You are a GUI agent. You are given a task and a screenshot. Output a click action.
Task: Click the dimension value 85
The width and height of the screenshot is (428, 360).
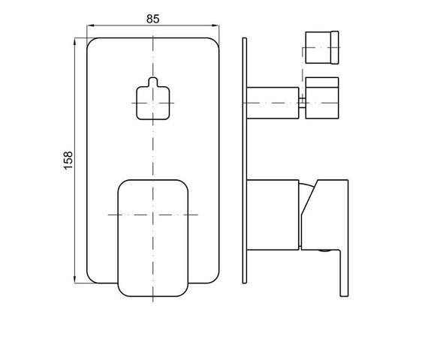point(153,19)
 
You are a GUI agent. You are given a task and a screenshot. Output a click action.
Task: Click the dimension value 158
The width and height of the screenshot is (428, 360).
point(68,160)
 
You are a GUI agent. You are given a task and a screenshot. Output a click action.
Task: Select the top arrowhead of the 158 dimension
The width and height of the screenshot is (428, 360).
point(74,41)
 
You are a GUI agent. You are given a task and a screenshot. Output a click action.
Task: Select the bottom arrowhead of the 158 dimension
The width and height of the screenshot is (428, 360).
point(74,280)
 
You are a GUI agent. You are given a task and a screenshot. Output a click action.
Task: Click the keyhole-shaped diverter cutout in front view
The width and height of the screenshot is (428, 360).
point(153,99)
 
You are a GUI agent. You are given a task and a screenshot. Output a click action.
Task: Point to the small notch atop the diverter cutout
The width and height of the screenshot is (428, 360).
point(153,82)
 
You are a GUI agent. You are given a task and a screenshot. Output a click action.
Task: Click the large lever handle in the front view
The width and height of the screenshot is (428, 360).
point(153,238)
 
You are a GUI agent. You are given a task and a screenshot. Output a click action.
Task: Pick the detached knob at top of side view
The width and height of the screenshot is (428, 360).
point(322,47)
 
